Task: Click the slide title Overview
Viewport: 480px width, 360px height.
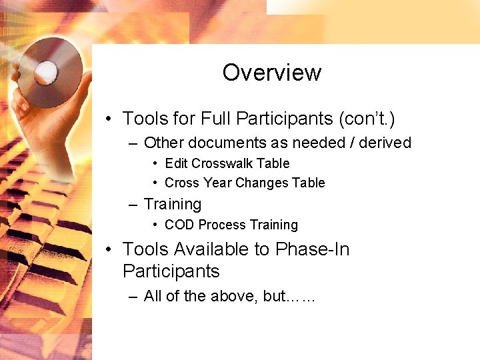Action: point(272,72)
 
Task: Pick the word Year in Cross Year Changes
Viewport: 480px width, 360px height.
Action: point(211,183)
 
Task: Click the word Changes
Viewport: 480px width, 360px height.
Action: point(252,183)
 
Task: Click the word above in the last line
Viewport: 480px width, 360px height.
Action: point(234,296)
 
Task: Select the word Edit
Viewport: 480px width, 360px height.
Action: point(176,163)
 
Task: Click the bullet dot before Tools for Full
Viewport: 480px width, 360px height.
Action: point(108,119)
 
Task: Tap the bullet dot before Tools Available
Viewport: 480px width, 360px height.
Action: point(108,250)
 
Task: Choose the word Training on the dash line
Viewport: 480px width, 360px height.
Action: point(173,204)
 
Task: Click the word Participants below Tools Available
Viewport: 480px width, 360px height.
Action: point(171,271)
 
